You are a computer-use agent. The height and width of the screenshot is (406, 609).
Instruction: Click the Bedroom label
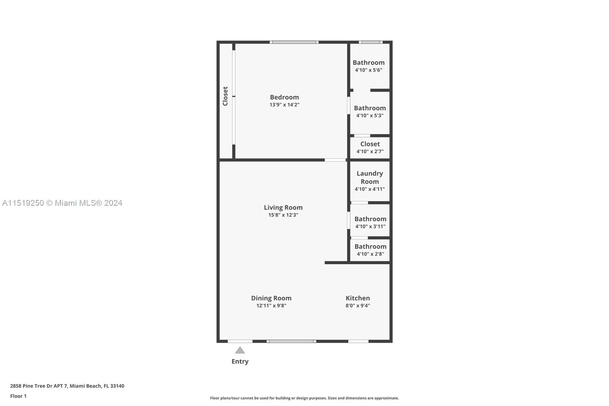coord(284,97)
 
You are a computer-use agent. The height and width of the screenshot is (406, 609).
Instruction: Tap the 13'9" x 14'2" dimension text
coord(284,105)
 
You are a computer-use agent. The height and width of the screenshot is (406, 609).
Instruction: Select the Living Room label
coord(283,208)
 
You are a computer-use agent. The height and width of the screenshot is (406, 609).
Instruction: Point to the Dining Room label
coord(271,298)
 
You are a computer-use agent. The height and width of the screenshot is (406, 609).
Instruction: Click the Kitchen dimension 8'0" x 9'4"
coord(357,305)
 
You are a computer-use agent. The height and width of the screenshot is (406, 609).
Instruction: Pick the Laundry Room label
coord(370,177)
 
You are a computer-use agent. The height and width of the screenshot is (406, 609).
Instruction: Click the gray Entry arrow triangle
coord(240,350)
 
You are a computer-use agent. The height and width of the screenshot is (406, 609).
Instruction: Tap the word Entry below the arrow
coord(240,361)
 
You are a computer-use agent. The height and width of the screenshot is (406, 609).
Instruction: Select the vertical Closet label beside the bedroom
coord(225,96)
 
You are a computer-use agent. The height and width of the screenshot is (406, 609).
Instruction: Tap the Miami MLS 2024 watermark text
coord(62,203)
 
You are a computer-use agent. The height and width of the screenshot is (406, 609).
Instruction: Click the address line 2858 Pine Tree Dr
coord(67,386)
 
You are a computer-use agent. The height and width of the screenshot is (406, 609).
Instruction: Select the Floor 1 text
coord(18,396)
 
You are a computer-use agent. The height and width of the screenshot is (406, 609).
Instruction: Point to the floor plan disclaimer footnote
coord(304,398)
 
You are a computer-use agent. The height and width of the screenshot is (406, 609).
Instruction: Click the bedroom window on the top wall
coord(294,42)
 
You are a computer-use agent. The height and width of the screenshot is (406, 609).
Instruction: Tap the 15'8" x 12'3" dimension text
coord(283,215)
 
